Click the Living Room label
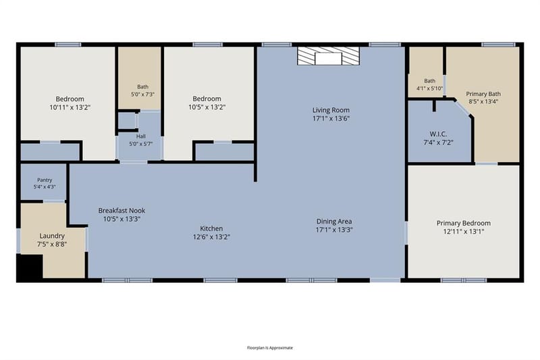(x=331, y=110)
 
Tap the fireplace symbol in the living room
(x=328, y=56)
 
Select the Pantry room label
(x=45, y=180)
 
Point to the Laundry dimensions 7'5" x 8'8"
(x=52, y=245)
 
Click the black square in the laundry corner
(x=30, y=266)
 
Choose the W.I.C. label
(x=438, y=134)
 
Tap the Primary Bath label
(x=483, y=94)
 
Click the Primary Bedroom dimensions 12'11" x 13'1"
(x=464, y=232)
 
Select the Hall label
(x=141, y=136)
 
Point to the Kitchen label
(x=211, y=228)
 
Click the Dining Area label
(x=334, y=221)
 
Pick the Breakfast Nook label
(x=122, y=211)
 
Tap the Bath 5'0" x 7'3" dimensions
(x=142, y=94)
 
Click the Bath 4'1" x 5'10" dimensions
(x=430, y=88)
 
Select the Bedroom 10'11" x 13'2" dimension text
(x=70, y=107)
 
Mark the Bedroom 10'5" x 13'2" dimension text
(x=207, y=107)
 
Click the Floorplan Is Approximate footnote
(x=270, y=348)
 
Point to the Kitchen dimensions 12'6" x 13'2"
(x=211, y=237)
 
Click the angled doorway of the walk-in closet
(x=462, y=108)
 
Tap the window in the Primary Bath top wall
(x=498, y=45)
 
